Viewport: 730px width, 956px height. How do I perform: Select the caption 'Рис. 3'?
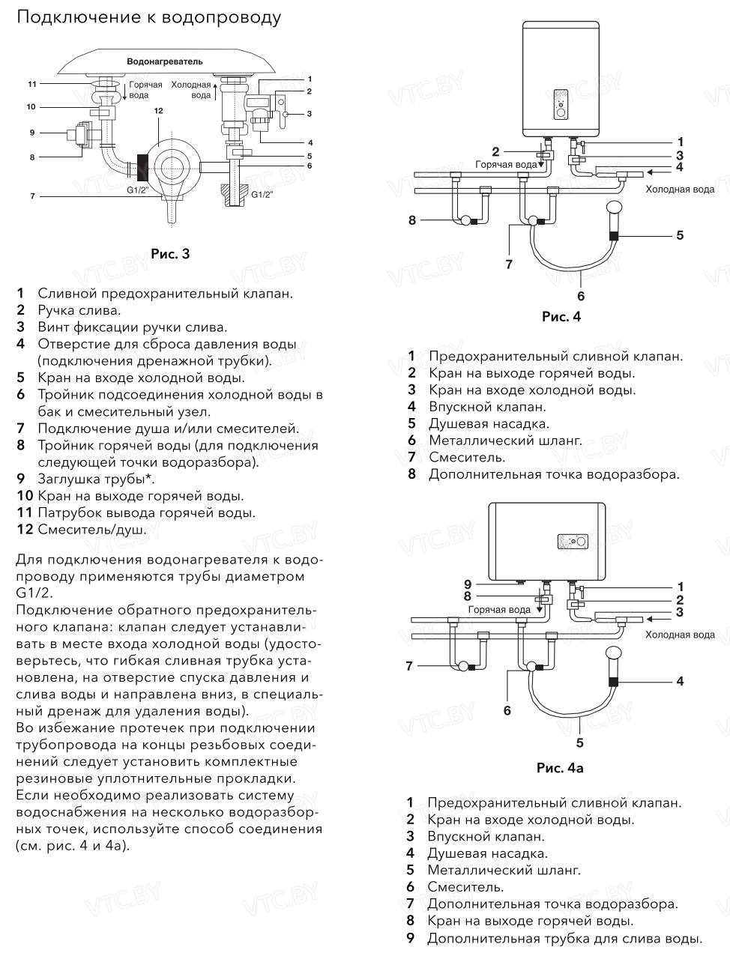(170, 254)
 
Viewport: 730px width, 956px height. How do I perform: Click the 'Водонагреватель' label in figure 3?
(165, 61)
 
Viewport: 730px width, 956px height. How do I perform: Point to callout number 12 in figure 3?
(158, 111)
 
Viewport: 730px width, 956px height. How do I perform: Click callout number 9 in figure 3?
(32, 133)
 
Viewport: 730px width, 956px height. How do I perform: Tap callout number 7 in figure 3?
(32, 196)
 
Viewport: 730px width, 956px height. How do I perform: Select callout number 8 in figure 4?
(412, 220)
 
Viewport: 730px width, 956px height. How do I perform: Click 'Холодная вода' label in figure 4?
(680, 190)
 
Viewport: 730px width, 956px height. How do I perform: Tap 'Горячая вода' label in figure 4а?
(499, 610)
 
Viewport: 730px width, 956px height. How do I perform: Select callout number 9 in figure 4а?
(468, 584)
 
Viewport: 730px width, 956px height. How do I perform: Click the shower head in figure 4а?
(615, 654)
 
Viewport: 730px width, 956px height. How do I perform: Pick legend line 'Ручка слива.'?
(79, 310)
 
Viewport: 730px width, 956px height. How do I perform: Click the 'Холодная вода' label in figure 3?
(191, 91)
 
